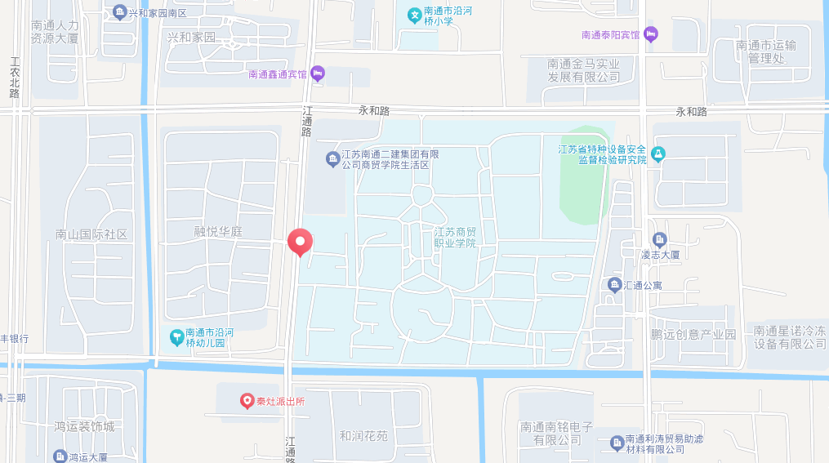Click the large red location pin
301,242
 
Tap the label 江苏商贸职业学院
455,238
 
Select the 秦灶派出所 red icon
247,400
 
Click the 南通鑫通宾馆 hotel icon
319,73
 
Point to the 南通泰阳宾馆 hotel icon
650,34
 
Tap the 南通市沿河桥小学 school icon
415,15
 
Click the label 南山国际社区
91,234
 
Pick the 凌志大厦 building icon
660,239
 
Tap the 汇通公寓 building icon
614,284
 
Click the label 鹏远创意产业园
693,334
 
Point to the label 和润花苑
363,435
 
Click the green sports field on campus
586,175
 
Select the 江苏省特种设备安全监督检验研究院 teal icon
658,154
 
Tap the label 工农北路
15,77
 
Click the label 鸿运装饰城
84,426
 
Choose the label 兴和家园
191,38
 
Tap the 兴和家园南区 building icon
120,11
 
